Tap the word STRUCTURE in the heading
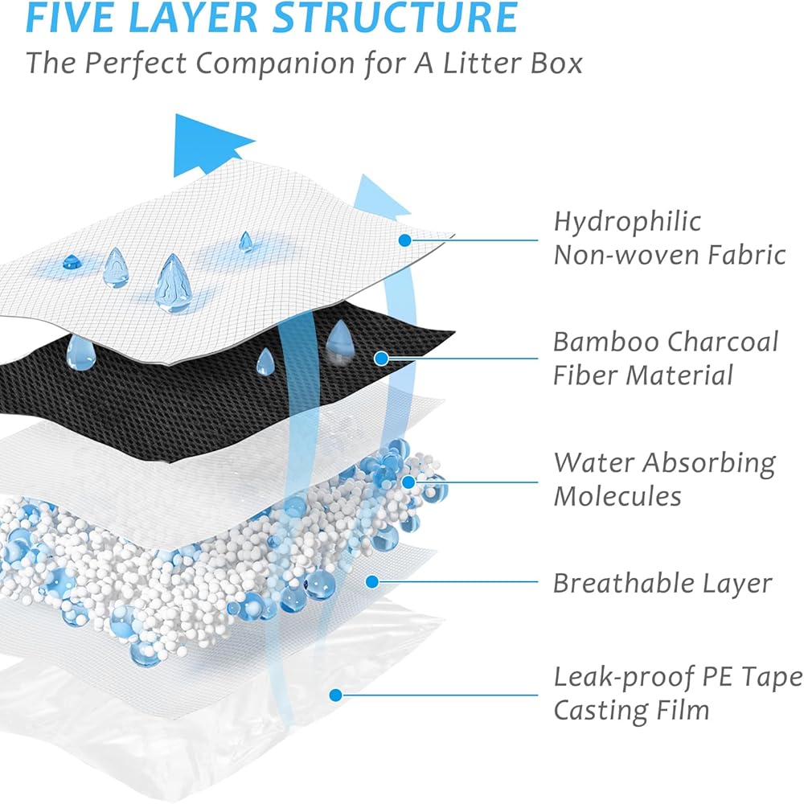[395, 18]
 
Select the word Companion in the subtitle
[275, 64]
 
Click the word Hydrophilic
[627, 223]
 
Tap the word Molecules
[617, 496]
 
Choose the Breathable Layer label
[662, 584]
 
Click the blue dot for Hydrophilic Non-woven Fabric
[404, 240]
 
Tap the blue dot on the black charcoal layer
[381, 359]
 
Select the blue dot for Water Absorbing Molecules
[408, 482]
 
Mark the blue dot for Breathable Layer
[372, 581]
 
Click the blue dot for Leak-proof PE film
[336, 695]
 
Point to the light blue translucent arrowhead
[379, 198]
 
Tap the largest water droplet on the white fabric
[174, 283]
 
